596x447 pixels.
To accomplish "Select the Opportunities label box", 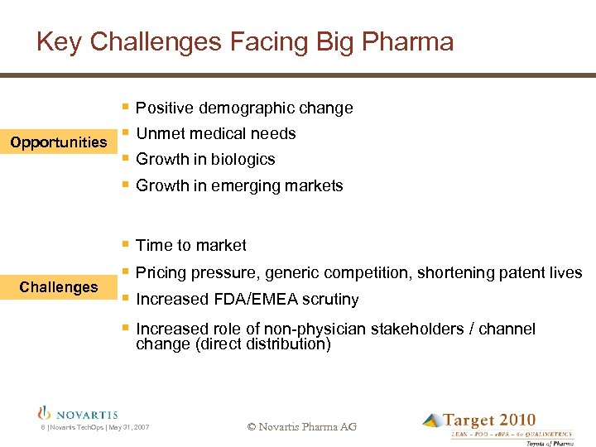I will (x=58, y=142).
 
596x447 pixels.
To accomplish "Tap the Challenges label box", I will (x=58, y=287).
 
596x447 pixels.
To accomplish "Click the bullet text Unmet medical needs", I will (x=215, y=134).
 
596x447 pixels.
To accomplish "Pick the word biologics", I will (x=243, y=160).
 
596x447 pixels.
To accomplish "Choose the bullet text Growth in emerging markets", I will (x=238, y=186).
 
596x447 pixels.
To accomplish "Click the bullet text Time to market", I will (x=190, y=246).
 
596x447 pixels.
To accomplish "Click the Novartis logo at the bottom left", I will (x=79, y=413).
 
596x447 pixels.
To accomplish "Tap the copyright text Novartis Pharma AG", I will (x=302, y=427).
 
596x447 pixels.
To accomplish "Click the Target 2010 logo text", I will (x=488, y=421).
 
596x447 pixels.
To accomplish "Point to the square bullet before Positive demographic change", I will (x=124, y=108).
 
